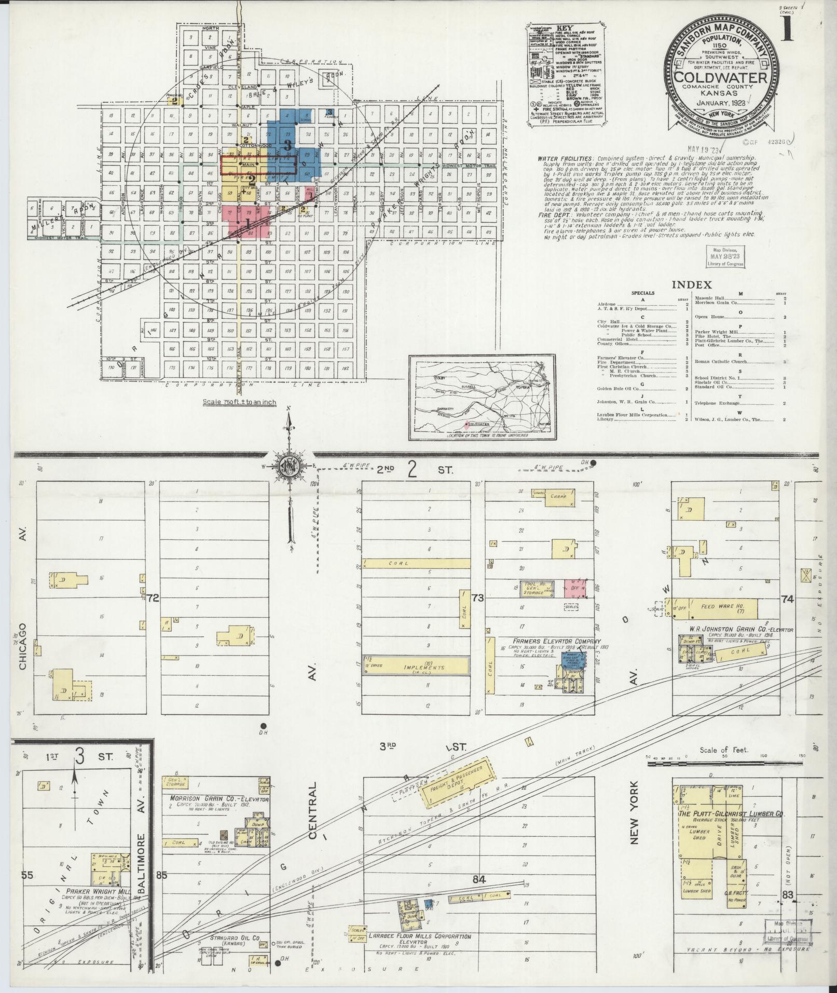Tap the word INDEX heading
pos(692,284)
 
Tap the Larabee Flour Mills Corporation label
pos(420,936)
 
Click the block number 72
pos(153,598)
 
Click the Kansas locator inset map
pos(482,397)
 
